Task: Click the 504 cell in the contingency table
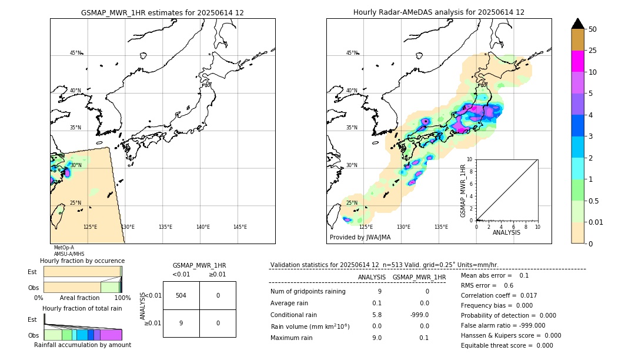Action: [181, 295]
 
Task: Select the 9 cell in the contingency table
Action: [181, 323]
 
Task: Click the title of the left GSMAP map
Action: [162, 12]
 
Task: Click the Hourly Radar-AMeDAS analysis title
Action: [439, 12]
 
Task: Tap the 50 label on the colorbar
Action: [593, 29]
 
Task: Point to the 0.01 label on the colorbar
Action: [595, 222]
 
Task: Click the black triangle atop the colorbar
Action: [577, 24]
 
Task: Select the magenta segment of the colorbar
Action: [577, 61]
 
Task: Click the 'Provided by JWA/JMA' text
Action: [360, 238]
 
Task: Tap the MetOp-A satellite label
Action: [63, 248]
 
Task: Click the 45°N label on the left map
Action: [76, 53]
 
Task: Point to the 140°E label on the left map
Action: [203, 227]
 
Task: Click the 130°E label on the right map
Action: [403, 227]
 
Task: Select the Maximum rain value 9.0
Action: [377, 338]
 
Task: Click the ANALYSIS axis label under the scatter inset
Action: [506, 233]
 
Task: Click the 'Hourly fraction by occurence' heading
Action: [82, 261]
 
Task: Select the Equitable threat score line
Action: [507, 345]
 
